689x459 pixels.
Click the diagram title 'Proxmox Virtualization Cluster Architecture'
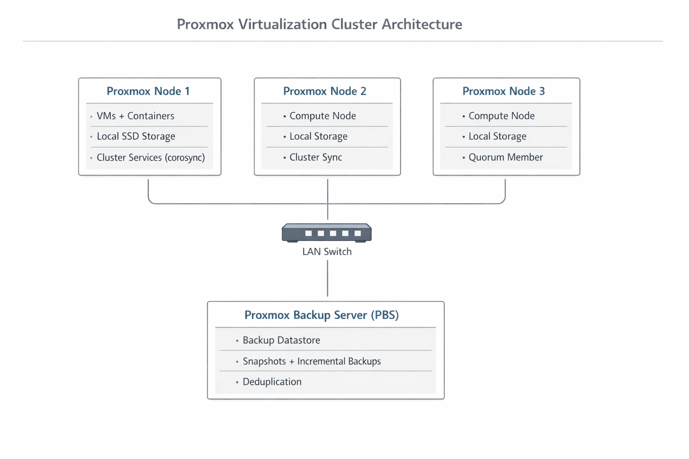pos(319,24)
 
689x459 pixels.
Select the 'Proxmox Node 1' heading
pos(148,91)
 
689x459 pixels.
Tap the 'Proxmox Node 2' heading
pos(325,91)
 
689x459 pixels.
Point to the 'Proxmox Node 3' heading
pos(503,91)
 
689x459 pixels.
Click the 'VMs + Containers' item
pos(135,116)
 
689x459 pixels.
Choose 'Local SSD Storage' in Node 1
pos(136,136)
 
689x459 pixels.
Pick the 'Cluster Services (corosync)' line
pos(151,157)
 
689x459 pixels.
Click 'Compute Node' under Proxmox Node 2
pos(323,116)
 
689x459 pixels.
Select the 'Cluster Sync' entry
pos(315,157)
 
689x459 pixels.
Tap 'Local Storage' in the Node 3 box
pos(497,136)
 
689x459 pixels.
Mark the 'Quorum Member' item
pos(506,157)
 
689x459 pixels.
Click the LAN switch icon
pos(327,233)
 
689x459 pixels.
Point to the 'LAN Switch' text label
pos(327,252)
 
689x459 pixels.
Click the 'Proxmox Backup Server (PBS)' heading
pos(322,315)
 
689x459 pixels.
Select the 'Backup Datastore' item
pos(281,340)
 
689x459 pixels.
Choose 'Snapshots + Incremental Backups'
pos(311,361)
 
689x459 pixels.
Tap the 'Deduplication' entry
pos(272,382)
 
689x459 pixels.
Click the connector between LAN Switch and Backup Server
pos(327,278)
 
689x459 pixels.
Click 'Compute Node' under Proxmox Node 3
pos(501,116)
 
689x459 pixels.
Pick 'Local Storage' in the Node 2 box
pos(318,136)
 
